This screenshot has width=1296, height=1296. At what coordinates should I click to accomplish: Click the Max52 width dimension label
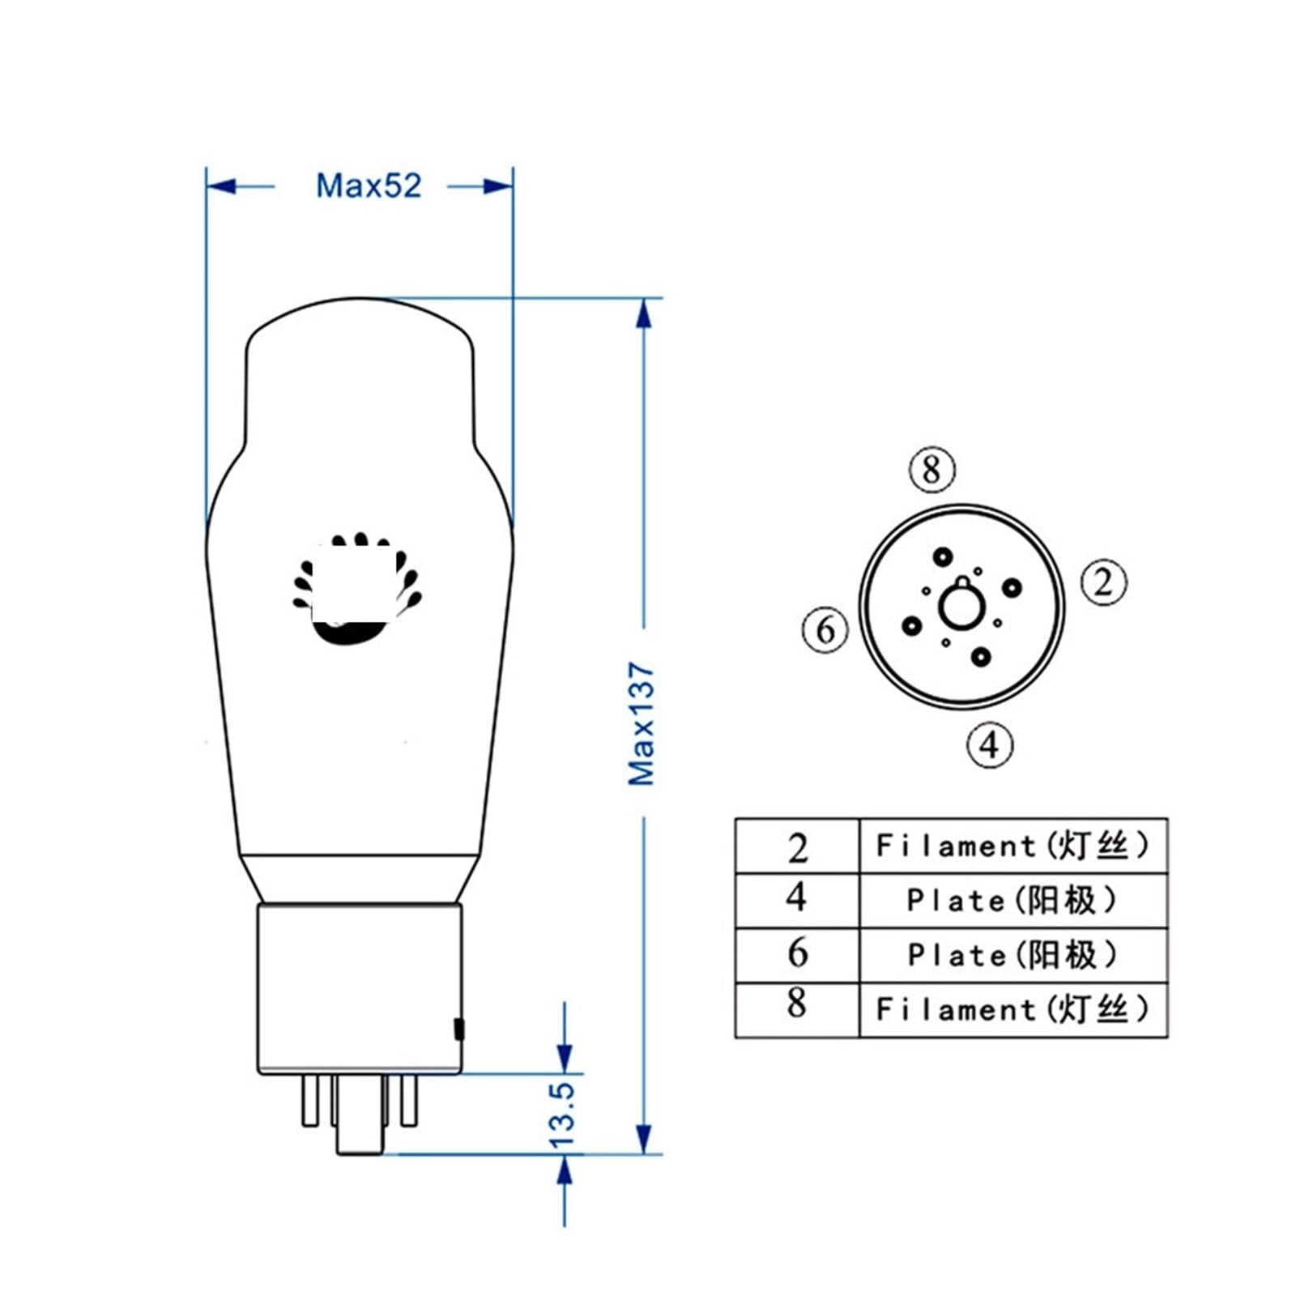click(369, 185)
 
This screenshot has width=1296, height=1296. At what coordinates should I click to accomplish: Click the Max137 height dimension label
click(642, 723)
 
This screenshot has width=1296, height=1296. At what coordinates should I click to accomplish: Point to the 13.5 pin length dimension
click(562, 1115)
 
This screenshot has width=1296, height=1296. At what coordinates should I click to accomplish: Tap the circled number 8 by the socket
click(932, 469)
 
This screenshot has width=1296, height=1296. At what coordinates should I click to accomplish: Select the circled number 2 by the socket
click(1104, 582)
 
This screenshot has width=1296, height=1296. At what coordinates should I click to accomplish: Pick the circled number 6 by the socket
click(825, 629)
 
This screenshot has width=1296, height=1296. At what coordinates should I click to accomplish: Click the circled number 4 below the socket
click(991, 744)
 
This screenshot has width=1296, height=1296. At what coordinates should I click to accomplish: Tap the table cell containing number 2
click(797, 846)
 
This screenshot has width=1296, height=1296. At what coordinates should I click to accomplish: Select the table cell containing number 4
click(797, 899)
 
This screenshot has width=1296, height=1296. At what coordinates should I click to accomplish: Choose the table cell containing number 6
click(797, 953)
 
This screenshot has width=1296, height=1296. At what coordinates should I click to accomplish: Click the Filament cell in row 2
click(1013, 846)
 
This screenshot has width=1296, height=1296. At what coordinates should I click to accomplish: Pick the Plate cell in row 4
click(1013, 900)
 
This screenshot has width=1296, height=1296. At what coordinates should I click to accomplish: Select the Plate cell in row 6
click(1013, 954)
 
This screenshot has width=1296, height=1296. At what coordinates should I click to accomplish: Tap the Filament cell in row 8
click(1013, 1008)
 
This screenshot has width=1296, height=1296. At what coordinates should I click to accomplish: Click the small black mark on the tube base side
click(459, 1029)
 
